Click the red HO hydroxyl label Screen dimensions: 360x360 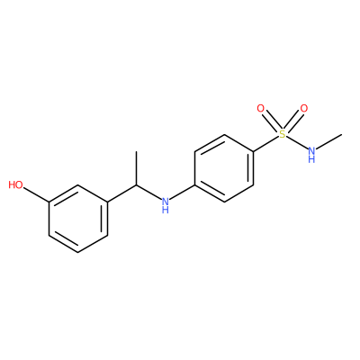point(15,184)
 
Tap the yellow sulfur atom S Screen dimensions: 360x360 point(283,134)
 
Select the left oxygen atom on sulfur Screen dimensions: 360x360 point(261,108)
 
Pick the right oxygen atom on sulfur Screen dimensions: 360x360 point(304,108)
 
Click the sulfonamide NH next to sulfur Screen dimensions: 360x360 point(311,154)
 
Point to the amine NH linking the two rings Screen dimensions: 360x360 point(165,204)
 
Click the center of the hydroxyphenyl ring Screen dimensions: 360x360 point(78,219)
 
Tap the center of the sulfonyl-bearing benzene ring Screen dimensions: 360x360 point(224,168)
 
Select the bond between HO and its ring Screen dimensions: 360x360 point(36,194)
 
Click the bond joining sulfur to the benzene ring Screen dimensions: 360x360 point(266,144)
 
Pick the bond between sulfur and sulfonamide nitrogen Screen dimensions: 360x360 point(297,143)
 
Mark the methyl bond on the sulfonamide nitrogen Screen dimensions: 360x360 point(329,141)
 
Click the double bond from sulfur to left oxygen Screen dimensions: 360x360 point(271,121)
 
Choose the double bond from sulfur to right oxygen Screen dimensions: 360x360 point(293,121)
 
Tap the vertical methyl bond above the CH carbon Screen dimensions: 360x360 point(137,168)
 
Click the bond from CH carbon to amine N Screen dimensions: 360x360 point(148,193)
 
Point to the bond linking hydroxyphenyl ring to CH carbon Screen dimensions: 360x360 point(121,193)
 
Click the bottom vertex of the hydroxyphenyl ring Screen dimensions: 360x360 point(78,252)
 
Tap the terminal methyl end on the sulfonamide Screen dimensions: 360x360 point(342,134)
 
